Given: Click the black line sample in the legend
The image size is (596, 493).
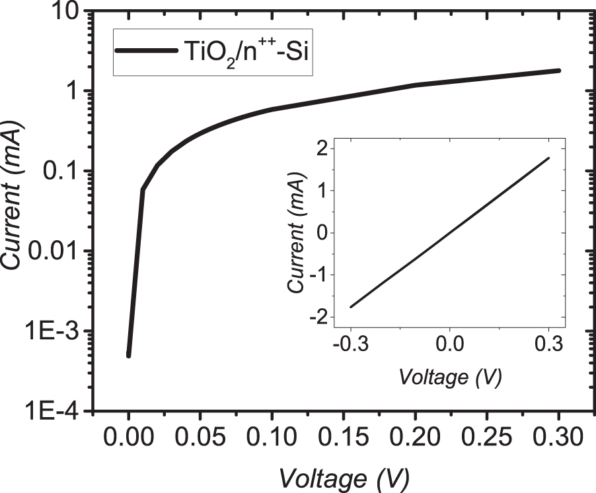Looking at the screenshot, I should [147, 51].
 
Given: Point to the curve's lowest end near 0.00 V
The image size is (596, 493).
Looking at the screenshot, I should [129, 356].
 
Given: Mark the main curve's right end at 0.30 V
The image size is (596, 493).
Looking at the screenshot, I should [559, 70].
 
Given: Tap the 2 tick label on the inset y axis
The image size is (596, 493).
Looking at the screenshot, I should [322, 149].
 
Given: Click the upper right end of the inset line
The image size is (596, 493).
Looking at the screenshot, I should [548, 158].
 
